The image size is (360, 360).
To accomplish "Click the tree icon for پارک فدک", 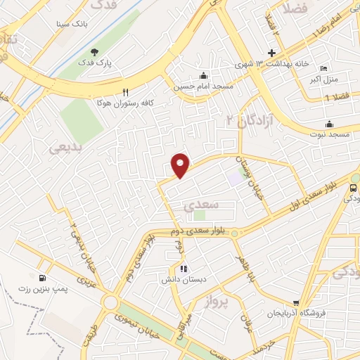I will [x=95, y=51].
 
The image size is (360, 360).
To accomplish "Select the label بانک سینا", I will [x=72, y=24].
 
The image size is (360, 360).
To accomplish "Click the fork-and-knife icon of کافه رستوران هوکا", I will [x=126, y=91].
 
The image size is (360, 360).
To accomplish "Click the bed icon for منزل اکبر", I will [x=323, y=68].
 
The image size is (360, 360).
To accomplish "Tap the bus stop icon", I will [x=351, y=188].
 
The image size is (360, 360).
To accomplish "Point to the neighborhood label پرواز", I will [x=218, y=302].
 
